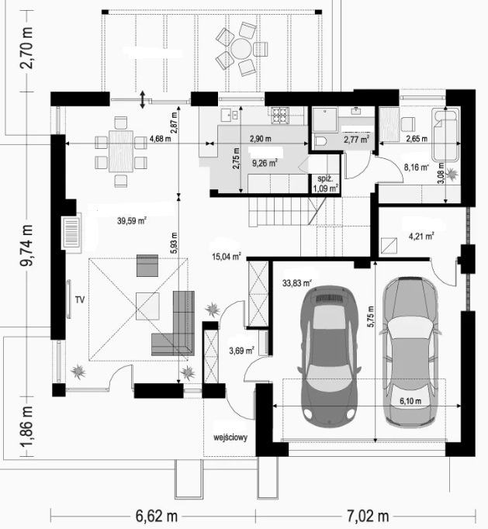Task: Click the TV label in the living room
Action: (80, 299)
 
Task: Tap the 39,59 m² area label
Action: (132, 221)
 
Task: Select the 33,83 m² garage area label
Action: (297, 283)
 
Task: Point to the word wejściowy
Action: (230, 437)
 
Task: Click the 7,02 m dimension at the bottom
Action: (368, 516)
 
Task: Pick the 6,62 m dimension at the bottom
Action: (156, 516)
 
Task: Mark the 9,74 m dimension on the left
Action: (26, 245)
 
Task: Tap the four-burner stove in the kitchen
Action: (280, 115)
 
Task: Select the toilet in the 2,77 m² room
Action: (319, 140)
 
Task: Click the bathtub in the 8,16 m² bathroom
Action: (445, 134)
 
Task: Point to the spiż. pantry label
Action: (325, 179)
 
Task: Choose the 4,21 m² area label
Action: (421, 236)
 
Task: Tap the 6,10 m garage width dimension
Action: (410, 401)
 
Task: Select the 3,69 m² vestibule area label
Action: (241, 351)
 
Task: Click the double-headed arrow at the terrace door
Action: (143, 99)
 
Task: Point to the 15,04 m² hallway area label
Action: (226, 257)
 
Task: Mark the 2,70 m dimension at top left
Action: (26, 48)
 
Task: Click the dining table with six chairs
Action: (121, 151)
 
